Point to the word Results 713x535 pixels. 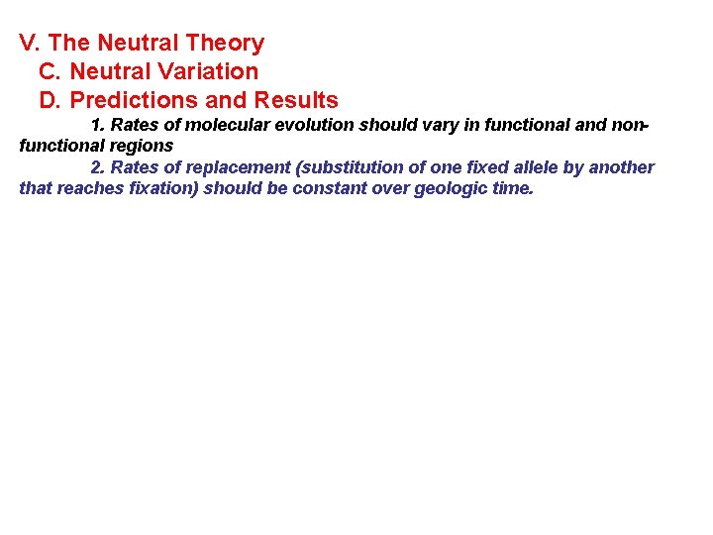click(x=296, y=101)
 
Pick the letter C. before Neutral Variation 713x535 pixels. click(x=51, y=72)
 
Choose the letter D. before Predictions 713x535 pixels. click(x=51, y=101)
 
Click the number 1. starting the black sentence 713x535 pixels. click(x=98, y=126)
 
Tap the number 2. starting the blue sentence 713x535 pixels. click(x=98, y=167)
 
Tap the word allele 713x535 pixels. click(x=534, y=167)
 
